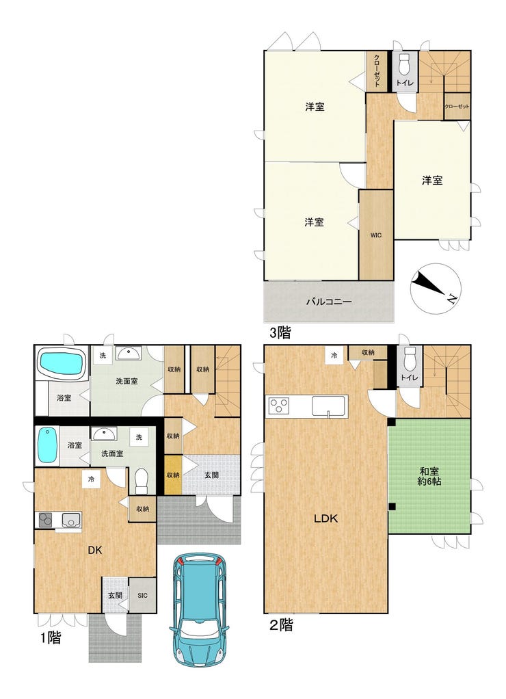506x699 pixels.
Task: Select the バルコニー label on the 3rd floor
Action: [x=329, y=302]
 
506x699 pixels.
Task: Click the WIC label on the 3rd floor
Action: [x=376, y=235]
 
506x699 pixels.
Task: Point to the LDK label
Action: [x=326, y=518]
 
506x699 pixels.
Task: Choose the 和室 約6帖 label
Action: [x=430, y=476]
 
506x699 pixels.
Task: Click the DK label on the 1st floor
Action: [x=94, y=550]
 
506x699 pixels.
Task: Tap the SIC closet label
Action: [x=142, y=595]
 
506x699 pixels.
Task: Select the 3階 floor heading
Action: [x=280, y=332]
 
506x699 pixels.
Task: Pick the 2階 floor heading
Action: [x=281, y=625]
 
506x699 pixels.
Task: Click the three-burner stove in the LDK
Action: [x=278, y=406]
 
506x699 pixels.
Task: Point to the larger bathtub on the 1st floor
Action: [x=62, y=362]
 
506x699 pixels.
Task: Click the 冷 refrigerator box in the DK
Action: [x=91, y=479]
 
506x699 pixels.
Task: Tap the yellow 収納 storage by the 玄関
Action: [x=174, y=475]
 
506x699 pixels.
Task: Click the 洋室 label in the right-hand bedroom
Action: [x=432, y=180]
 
